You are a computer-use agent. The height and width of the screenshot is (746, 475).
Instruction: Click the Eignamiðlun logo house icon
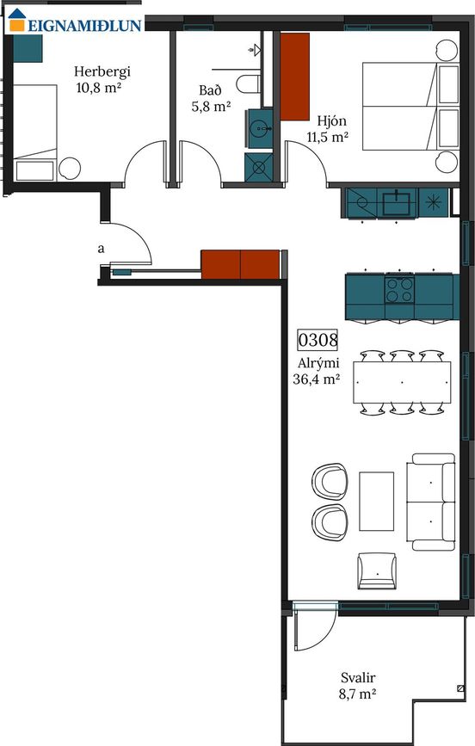[16, 20]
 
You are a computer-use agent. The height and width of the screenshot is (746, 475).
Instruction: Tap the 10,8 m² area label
[96, 87]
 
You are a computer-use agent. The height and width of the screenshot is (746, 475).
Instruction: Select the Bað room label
[210, 90]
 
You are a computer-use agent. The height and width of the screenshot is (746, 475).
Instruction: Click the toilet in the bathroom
[249, 84]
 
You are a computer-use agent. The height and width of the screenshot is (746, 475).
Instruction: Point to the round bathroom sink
[261, 128]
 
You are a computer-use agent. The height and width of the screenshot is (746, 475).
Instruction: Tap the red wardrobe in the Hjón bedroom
[294, 76]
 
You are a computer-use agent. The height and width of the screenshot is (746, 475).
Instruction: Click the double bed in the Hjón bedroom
[410, 106]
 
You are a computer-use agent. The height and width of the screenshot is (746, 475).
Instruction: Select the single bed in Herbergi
[34, 133]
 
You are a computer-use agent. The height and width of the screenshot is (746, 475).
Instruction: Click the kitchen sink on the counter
[397, 203]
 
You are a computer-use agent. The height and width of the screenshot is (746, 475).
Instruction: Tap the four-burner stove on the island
[399, 290]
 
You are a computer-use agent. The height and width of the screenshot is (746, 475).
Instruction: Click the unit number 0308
[318, 340]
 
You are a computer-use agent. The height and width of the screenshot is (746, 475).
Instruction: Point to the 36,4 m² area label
[317, 379]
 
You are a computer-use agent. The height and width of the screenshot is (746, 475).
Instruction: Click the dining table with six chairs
[402, 383]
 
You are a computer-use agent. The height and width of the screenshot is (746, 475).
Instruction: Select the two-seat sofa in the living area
[431, 502]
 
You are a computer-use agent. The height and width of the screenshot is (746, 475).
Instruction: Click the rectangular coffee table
[377, 501]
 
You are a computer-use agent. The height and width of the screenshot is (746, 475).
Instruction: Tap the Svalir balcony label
[358, 677]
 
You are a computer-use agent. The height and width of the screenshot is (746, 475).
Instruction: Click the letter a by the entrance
[101, 249]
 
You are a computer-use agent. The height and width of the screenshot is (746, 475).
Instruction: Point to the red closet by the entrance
[240, 264]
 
